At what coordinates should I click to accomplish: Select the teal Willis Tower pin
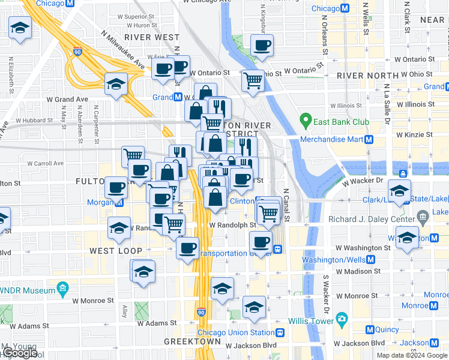(342, 317)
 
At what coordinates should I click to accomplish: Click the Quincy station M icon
(370, 329)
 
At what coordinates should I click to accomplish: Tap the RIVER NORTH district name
(367, 75)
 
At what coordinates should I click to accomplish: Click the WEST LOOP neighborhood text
(116, 250)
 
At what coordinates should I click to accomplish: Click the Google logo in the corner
(19, 353)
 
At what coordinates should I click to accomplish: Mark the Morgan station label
(99, 203)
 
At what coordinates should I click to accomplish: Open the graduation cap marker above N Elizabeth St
(20, 28)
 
